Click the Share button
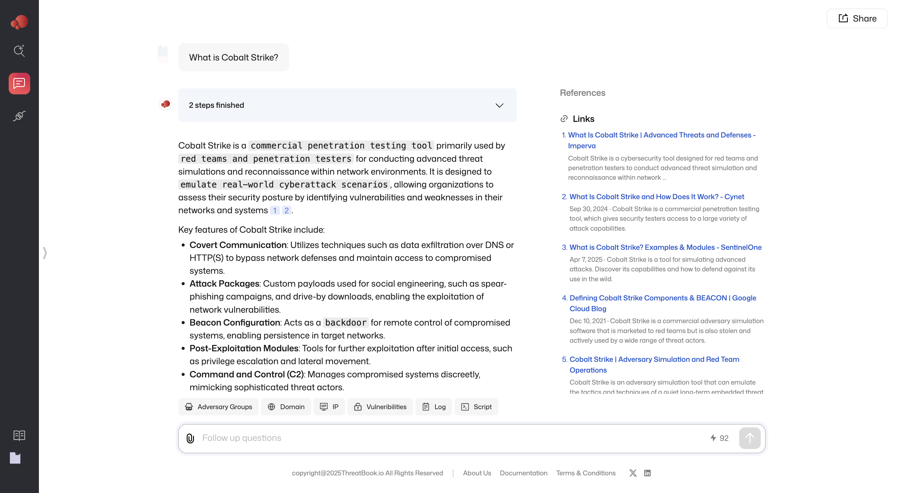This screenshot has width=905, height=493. [x=857, y=19]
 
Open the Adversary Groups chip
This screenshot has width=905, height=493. [x=218, y=407]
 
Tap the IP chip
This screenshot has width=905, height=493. [x=329, y=407]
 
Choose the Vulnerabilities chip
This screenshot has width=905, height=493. [x=380, y=407]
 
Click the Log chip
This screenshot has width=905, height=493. [x=434, y=407]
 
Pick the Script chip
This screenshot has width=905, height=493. [x=476, y=407]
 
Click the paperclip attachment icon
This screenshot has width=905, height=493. [x=190, y=438]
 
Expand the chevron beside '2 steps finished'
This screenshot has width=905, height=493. [x=499, y=105]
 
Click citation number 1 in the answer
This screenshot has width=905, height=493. [x=275, y=211]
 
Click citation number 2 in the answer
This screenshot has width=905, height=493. [x=286, y=211]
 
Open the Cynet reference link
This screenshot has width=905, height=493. [x=656, y=197]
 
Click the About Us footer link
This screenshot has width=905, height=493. [x=477, y=473]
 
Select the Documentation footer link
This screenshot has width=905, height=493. [x=523, y=473]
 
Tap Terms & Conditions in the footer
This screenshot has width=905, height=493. [x=586, y=473]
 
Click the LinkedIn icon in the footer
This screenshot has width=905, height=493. [x=647, y=473]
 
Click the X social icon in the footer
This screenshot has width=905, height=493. [x=633, y=473]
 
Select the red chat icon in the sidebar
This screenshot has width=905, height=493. [x=19, y=84]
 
